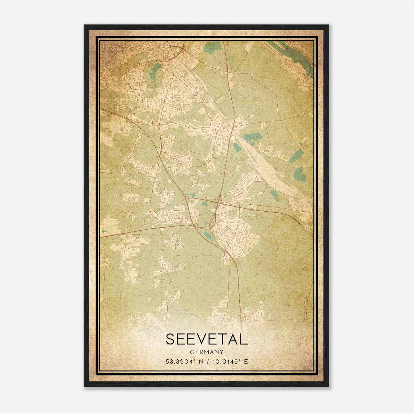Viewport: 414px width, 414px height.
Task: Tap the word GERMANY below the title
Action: tap(207, 352)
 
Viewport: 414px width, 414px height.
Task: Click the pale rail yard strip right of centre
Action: tap(267, 166)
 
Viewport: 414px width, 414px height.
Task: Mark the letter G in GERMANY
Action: tap(192, 352)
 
